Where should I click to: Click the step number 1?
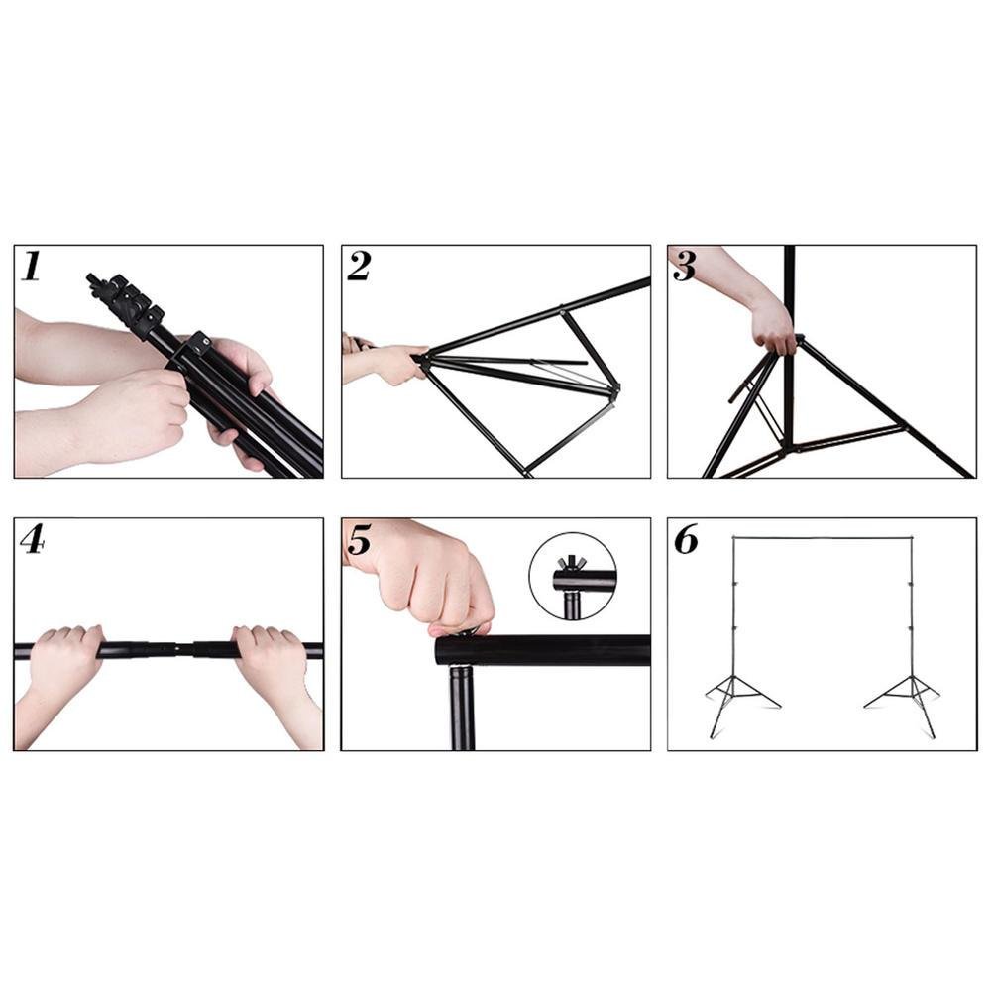coord(31,266)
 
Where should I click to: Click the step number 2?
coord(359,266)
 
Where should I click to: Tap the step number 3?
coord(685,266)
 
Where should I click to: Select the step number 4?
coord(33,539)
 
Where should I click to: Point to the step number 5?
coord(359,540)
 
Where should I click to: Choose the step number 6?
coord(686,539)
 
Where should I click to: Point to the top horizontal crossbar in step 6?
coord(823,538)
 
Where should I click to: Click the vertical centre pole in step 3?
coord(789,345)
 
